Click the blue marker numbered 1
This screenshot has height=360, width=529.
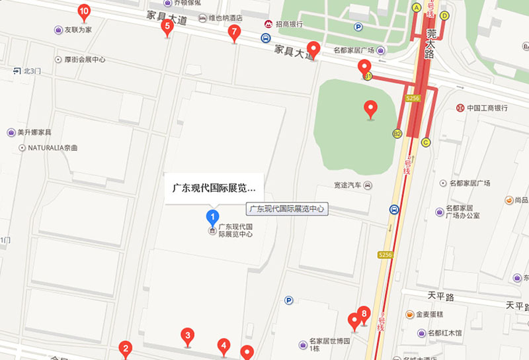[212, 216]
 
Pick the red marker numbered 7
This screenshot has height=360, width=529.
[233, 32]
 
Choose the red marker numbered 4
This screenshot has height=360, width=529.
[224, 345]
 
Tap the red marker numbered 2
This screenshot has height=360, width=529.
[125, 348]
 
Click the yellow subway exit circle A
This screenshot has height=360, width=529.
[417, 7]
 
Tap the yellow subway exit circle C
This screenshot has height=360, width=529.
[426, 142]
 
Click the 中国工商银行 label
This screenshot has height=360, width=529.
[487, 108]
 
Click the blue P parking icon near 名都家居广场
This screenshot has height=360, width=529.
[358, 27]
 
